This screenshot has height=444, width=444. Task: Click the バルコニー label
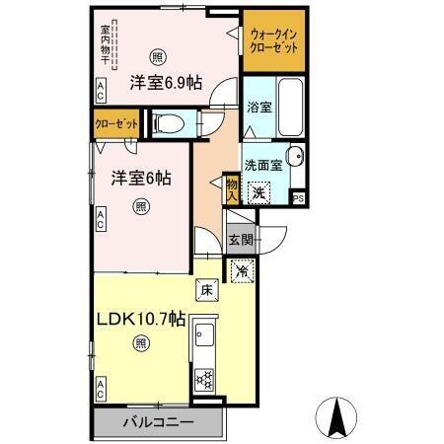coord(158,423)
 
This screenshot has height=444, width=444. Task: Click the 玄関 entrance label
coord(241,238)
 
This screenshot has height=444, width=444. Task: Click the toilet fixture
coord(169,122)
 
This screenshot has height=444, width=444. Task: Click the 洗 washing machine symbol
coord(258,192)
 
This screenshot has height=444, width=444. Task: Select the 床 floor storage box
coord(205,290)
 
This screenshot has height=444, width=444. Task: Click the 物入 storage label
coord(231,188)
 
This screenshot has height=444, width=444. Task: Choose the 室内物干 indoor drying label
coord(106,43)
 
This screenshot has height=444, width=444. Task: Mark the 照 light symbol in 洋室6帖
coord(140,207)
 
